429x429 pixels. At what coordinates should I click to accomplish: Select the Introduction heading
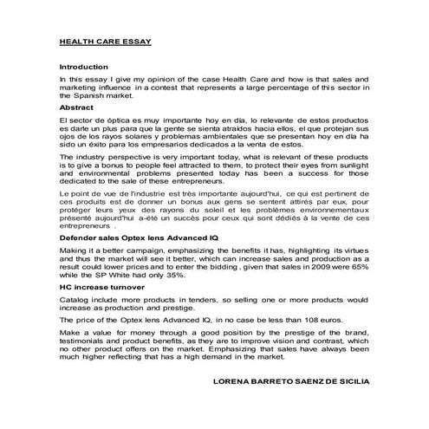click(x=84, y=67)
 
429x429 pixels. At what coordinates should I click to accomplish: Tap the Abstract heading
click(x=76, y=107)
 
